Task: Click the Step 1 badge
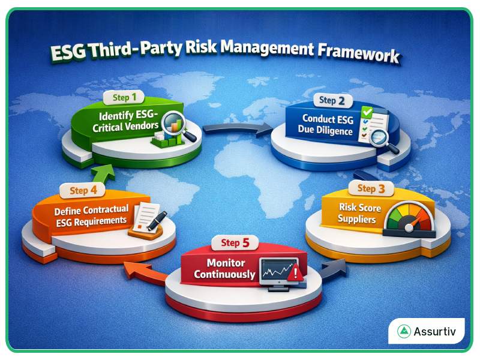coord(124,97)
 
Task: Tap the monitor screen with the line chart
coord(277,271)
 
